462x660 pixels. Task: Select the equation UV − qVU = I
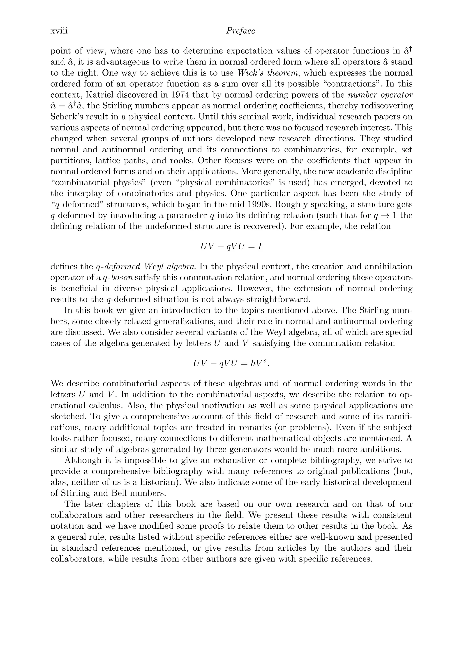(x=231, y=247)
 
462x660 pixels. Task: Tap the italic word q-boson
(x=119, y=278)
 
